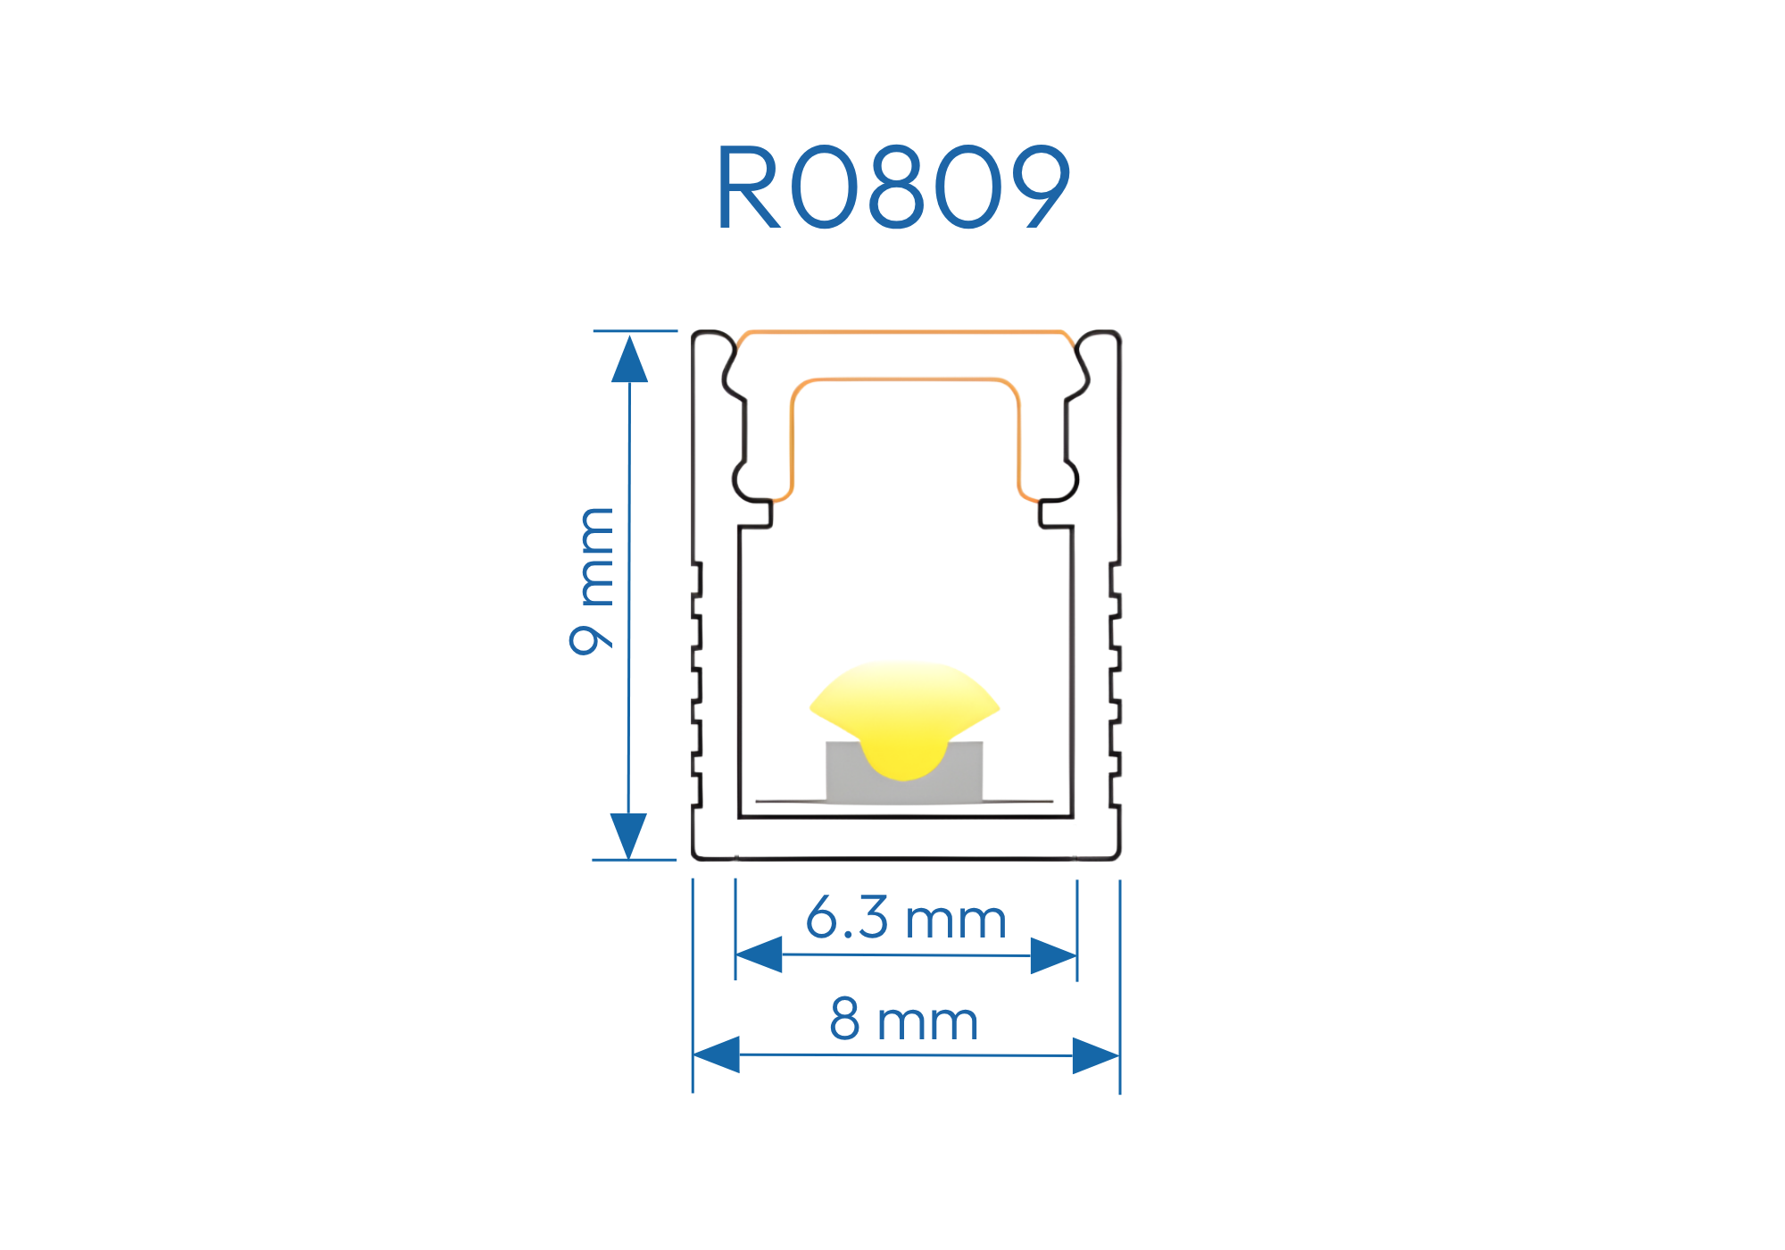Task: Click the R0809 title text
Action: tap(892, 187)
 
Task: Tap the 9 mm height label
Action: tap(592, 580)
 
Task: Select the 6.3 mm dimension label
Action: tap(906, 919)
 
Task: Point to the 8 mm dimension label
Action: tap(904, 1020)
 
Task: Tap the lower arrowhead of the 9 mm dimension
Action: tap(628, 835)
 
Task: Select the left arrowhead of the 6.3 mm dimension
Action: tap(760, 954)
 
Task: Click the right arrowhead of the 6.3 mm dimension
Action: tap(1053, 955)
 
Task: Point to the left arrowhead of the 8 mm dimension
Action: tap(717, 1054)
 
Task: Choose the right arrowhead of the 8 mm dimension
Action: tap(1096, 1055)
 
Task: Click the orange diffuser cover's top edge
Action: tap(906, 332)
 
